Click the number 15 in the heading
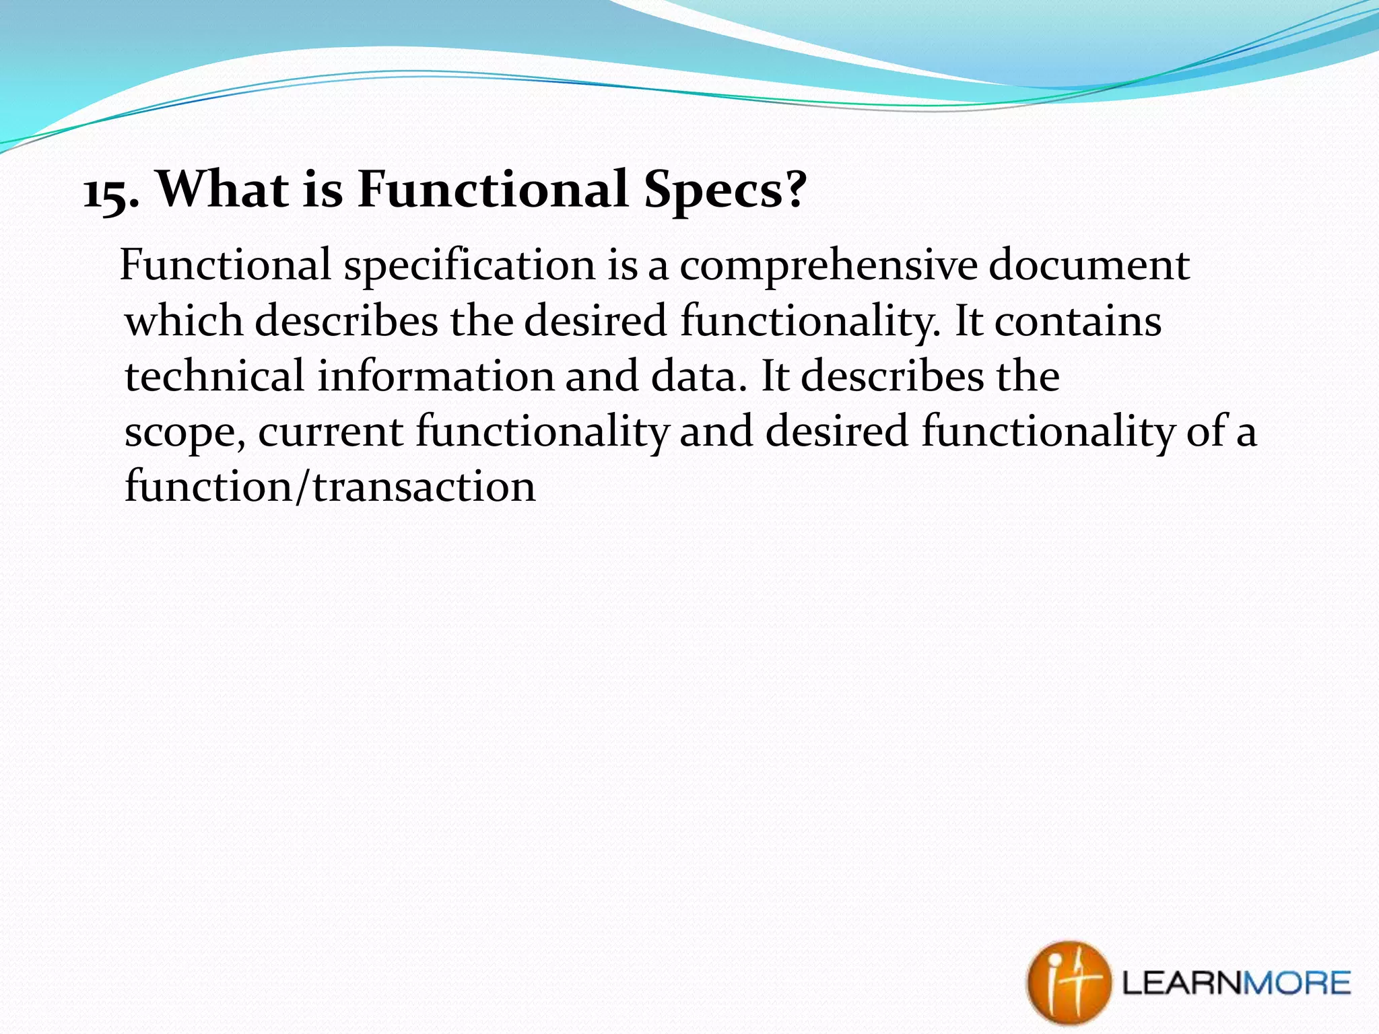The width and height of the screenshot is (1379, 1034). pyautogui.click(x=106, y=193)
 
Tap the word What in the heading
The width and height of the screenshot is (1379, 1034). pyautogui.click(x=223, y=189)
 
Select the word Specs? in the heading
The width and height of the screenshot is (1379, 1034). pyautogui.click(x=725, y=191)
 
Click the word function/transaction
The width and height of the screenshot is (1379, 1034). pyautogui.click(x=330, y=487)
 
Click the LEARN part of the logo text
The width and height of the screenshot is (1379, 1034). pyautogui.click(x=1181, y=984)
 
